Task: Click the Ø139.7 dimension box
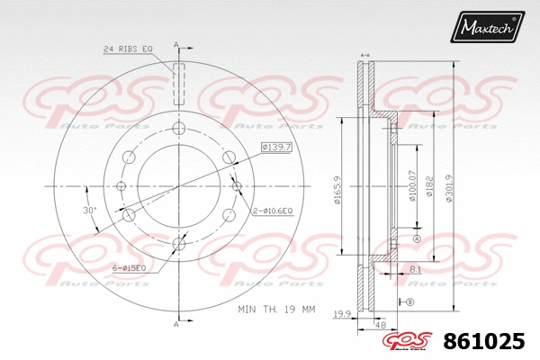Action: (x=277, y=147)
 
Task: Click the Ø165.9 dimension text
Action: (x=337, y=188)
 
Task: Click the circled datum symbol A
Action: (x=417, y=239)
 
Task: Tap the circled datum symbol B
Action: (x=410, y=301)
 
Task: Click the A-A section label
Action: (x=364, y=56)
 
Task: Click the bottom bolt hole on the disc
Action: (x=178, y=244)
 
